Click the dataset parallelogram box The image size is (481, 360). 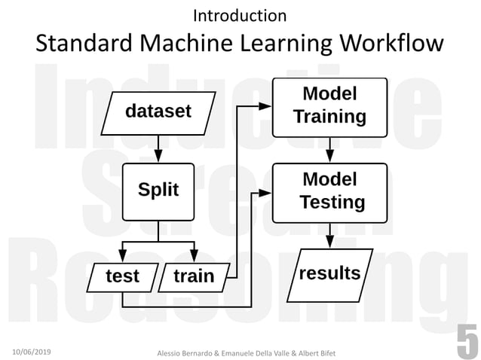point(158,112)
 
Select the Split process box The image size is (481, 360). point(158,190)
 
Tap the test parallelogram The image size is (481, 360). point(122,276)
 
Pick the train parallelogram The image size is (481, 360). point(194,276)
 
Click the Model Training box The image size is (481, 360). point(329,105)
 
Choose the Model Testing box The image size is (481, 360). point(329,191)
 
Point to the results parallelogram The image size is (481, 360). point(329,273)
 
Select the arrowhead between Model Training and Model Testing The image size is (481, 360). point(329,157)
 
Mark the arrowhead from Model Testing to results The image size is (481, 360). point(329,243)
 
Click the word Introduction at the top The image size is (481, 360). point(240,15)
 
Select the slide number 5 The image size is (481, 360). point(467,342)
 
